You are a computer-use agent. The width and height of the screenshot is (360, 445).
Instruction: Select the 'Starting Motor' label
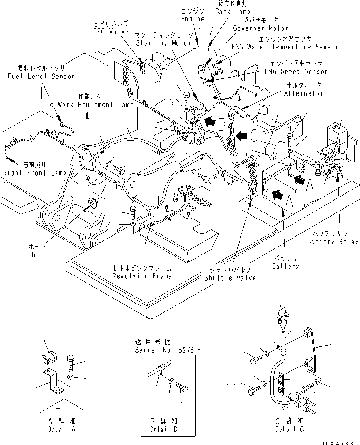(x=163, y=43)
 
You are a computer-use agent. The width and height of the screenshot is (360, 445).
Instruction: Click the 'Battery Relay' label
(x=332, y=241)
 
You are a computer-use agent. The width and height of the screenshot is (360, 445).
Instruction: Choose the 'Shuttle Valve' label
(x=230, y=278)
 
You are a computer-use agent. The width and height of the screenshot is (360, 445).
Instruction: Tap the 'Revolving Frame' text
(x=142, y=275)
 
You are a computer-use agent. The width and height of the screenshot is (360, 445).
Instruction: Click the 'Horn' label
(x=37, y=254)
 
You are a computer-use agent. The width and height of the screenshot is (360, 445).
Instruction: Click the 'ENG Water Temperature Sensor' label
(x=285, y=47)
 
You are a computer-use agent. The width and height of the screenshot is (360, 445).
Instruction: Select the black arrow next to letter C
(x=241, y=136)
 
